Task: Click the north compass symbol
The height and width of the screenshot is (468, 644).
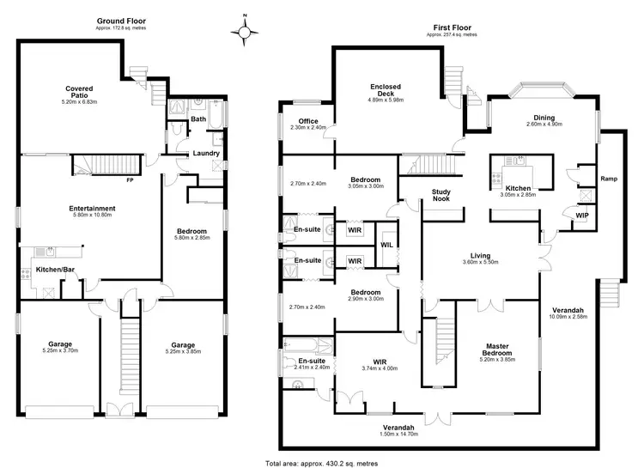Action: point(246,33)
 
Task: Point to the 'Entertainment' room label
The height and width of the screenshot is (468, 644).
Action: point(93,209)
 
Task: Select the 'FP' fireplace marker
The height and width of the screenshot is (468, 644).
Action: point(130,181)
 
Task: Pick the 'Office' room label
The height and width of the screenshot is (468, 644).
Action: point(309,121)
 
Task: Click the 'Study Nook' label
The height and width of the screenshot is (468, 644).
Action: point(441,196)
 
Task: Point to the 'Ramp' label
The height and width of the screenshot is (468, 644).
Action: point(609,179)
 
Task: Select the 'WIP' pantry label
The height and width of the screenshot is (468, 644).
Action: point(581,216)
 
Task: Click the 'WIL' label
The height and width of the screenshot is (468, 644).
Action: point(386,244)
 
